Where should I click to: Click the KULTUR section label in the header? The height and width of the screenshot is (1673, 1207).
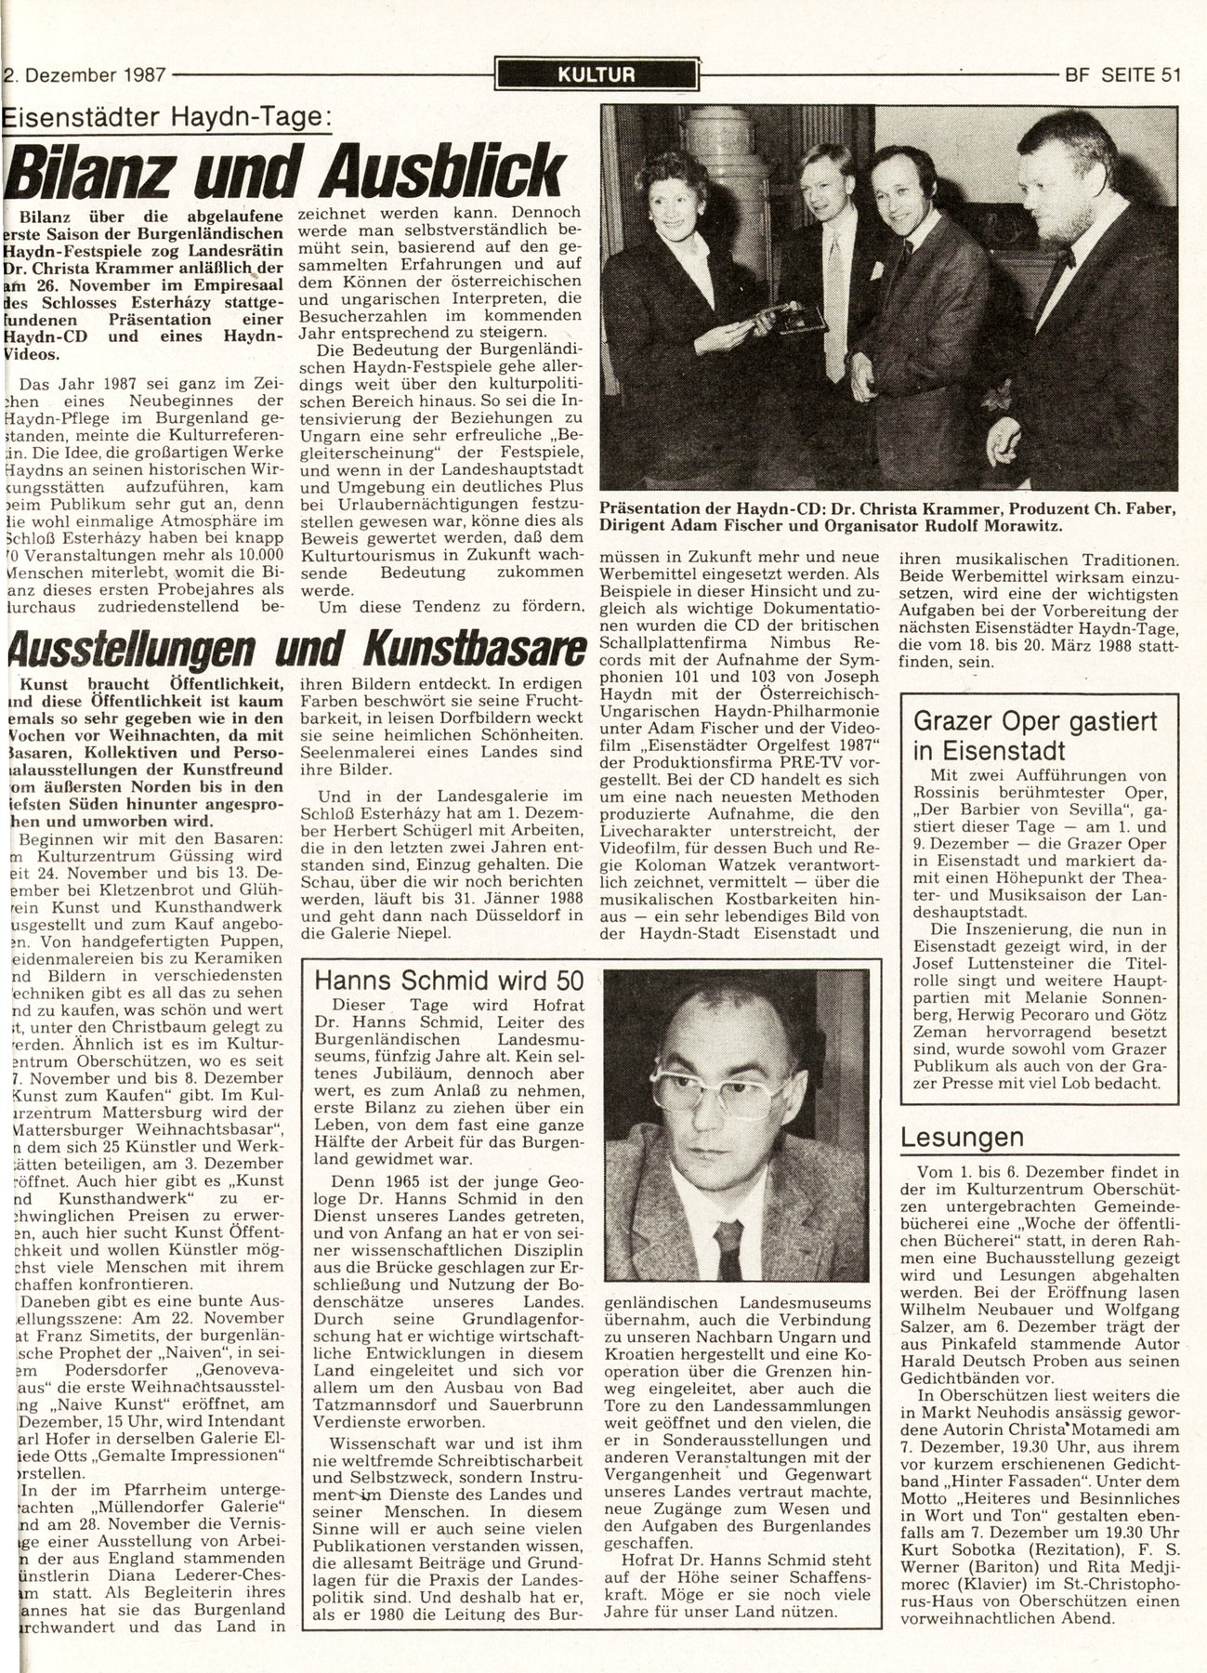[597, 74]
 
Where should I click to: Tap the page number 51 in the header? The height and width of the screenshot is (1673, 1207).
[1169, 75]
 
